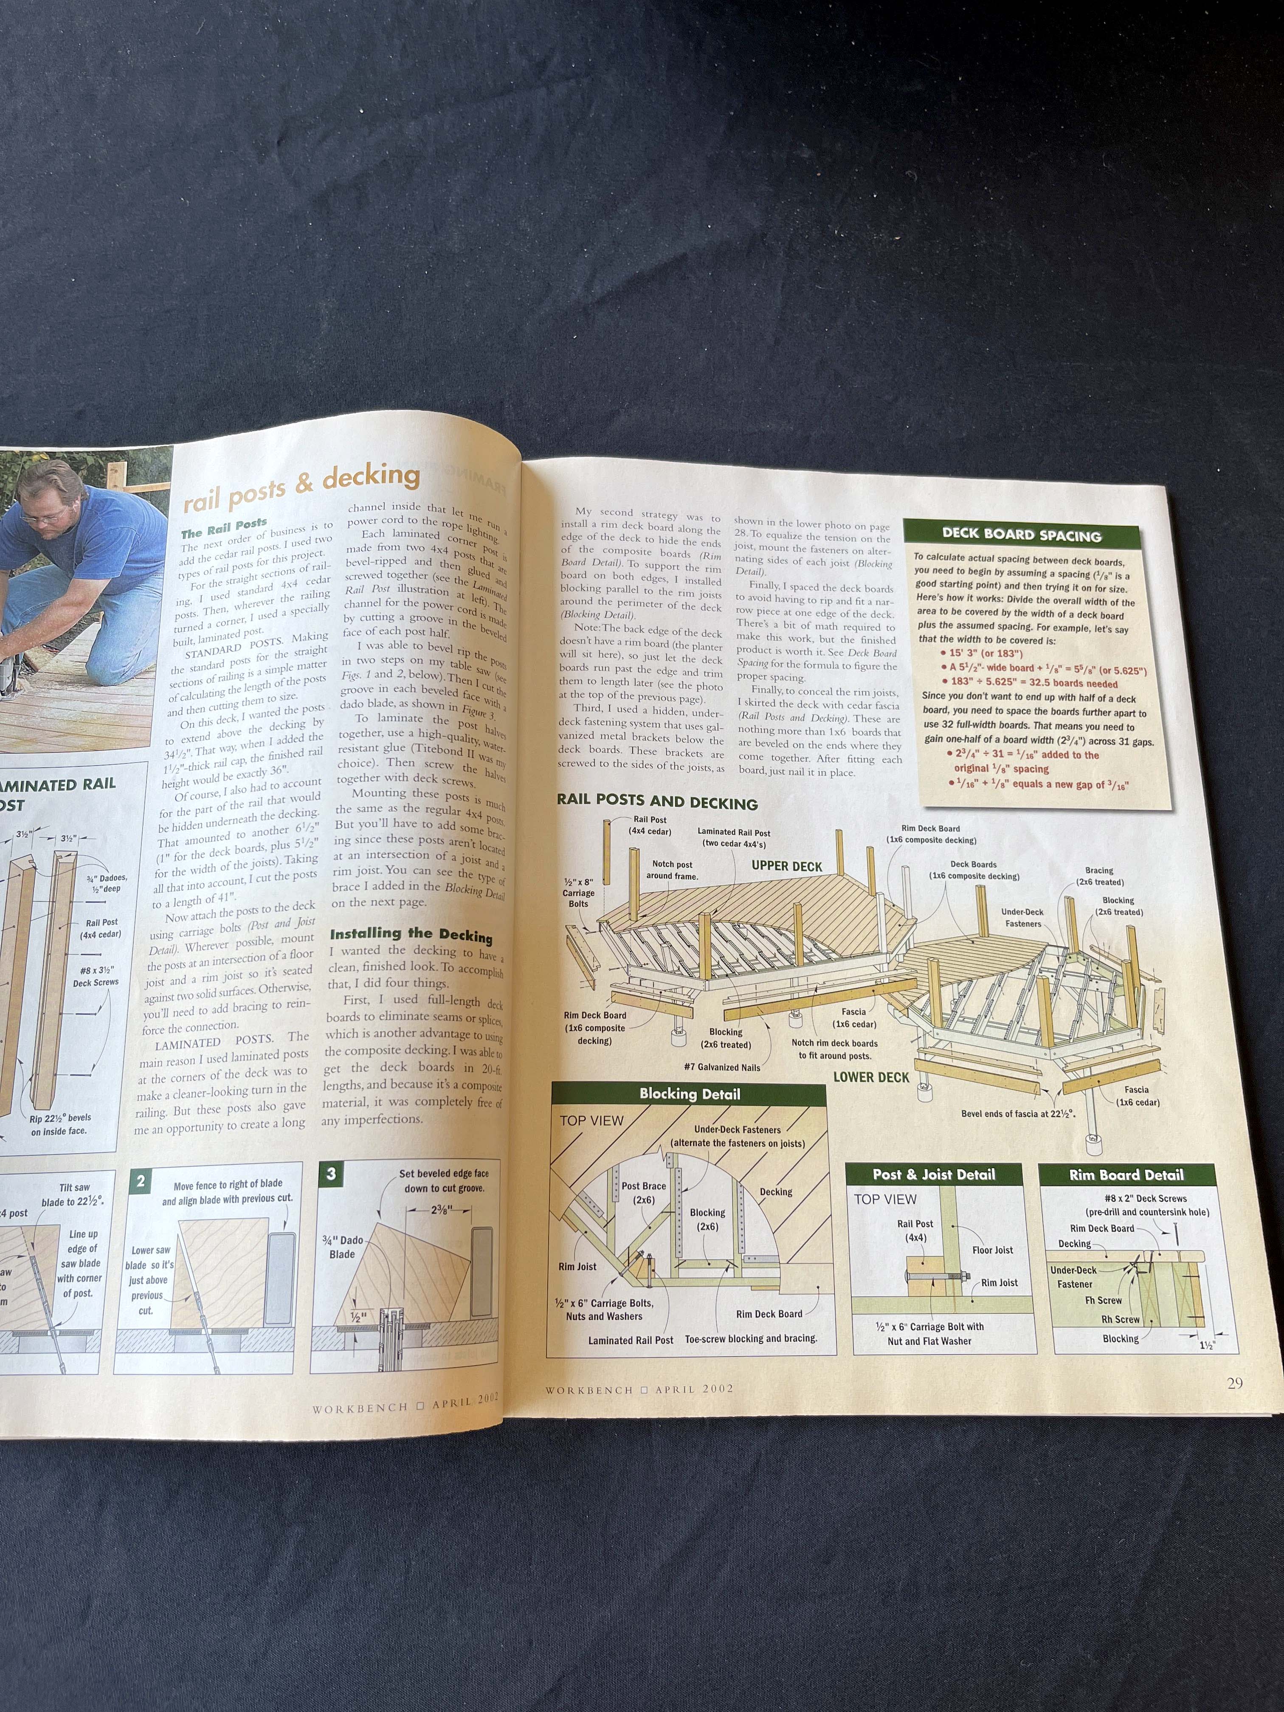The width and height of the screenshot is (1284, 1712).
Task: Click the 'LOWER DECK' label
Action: pos(871,1076)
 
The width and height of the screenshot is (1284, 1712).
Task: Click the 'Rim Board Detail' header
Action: pos(1126,1175)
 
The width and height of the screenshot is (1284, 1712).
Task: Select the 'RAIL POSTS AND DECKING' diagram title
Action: pos(656,802)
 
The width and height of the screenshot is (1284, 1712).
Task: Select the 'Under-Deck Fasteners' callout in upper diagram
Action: pos(1022,917)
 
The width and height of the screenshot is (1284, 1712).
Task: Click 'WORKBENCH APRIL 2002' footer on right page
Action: pos(639,1389)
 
